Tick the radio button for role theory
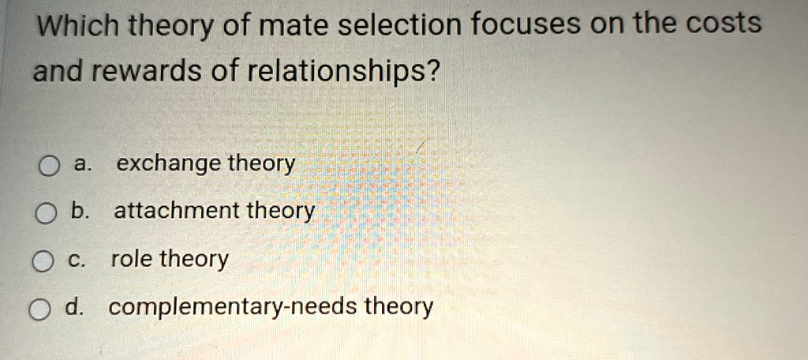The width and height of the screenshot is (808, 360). coord(43,262)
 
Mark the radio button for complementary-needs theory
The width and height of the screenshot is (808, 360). coord(40,310)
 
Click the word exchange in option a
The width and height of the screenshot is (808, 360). coord(168,165)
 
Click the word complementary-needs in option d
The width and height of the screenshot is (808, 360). coord(232,307)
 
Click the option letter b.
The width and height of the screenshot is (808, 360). coord(79,212)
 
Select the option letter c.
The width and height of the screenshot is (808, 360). coord(77,260)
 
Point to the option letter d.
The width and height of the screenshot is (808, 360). coord(74,307)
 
